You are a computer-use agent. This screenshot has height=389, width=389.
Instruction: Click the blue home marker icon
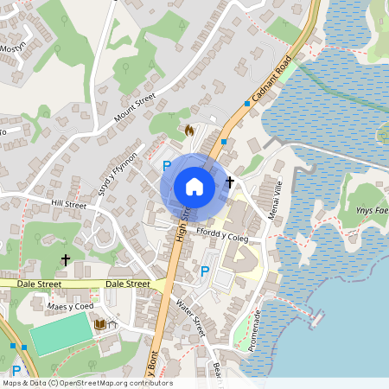click(194, 187)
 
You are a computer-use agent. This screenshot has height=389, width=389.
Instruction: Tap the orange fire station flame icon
click(189, 131)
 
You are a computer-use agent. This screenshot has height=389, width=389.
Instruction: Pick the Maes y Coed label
click(70, 307)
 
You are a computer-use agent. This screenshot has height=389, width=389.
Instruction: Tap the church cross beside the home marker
click(230, 182)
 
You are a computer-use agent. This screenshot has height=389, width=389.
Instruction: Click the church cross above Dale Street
click(65, 259)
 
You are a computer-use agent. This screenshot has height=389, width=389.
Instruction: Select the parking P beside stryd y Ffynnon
click(167, 164)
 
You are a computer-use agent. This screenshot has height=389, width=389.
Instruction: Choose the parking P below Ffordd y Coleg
click(205, 271)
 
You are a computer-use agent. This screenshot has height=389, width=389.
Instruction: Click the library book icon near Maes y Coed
click(100, 324)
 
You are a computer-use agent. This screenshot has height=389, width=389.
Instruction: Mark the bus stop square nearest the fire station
click(224, 140)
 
